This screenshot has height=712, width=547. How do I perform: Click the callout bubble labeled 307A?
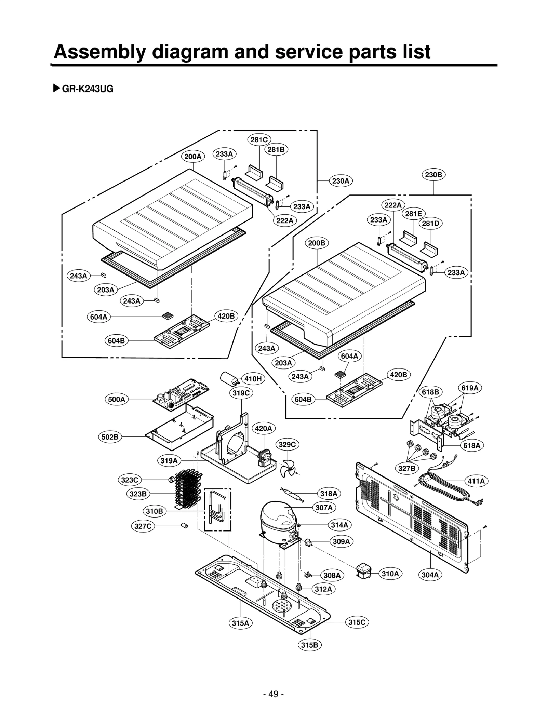tap(324, 508)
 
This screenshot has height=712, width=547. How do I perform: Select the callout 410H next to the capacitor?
tap(253, 379)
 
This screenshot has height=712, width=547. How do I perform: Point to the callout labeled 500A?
tap(117, 399)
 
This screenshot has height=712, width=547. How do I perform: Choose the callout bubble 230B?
tap(433, 175)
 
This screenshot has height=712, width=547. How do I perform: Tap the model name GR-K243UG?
tap(87, 89)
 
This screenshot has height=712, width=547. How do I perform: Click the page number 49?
tap(273, 694)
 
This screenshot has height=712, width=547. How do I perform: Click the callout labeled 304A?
tap(430, 575)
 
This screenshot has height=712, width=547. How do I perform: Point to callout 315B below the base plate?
tap(310, 645)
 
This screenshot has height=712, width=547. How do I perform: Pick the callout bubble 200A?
tap(193, 157)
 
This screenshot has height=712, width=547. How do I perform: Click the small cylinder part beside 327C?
tap(185, 525)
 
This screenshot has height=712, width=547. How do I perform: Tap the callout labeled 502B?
tap(110, 437)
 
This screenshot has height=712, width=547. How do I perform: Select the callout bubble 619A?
tap(470, 388)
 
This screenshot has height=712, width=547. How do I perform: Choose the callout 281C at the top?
tap(259, 139)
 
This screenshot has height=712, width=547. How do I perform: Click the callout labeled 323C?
tap(130, 480)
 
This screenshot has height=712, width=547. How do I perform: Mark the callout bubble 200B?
tap(317, 243)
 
